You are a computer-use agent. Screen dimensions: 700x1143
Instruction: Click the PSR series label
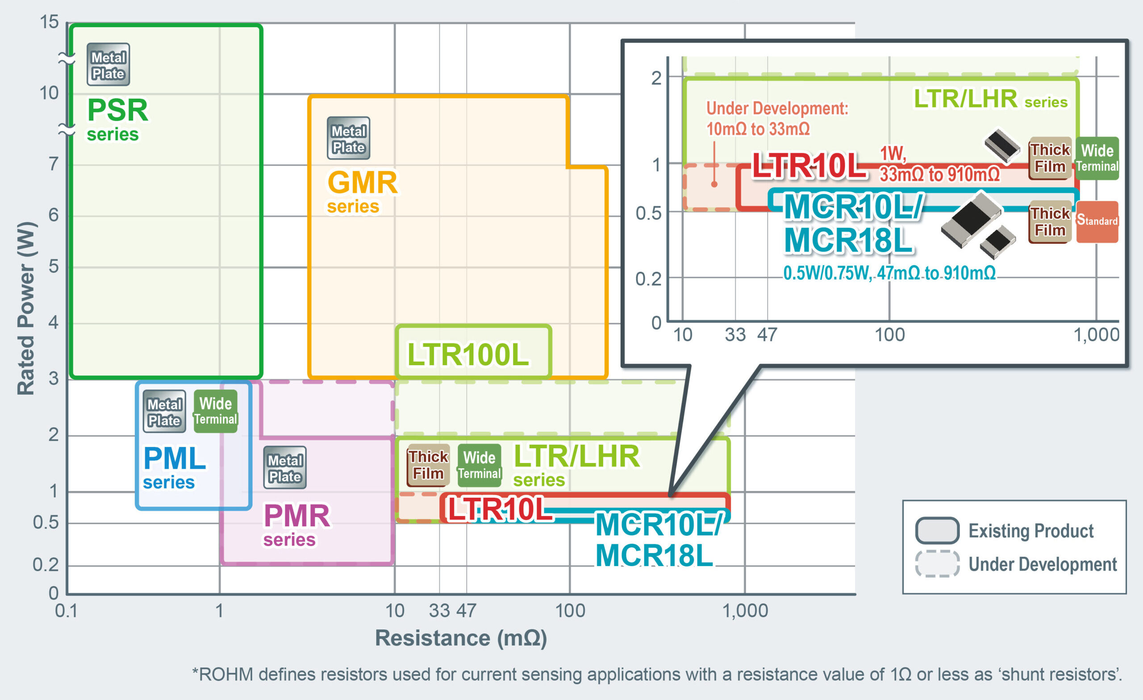tap(117, 118)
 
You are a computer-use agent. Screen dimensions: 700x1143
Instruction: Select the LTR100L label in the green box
tap(467, 355)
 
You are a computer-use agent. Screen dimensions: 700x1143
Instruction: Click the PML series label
tap(174, 467)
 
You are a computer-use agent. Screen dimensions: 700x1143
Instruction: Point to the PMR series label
tap(296, 524)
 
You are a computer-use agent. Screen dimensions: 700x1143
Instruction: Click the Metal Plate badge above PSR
tap(108, 64)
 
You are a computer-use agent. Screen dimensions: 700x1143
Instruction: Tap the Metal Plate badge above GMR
tap(348, 138)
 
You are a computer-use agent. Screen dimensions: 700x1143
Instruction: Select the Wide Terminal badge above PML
tap(215, 411)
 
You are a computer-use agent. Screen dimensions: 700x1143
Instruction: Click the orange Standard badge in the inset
tap(1097, 221)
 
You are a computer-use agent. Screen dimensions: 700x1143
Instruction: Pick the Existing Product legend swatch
tap(937, 530)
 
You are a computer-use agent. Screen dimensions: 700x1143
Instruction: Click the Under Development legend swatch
tap(937, 564)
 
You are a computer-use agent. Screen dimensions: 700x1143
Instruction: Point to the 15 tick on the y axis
tap(49, 22)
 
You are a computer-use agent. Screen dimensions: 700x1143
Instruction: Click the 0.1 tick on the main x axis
tap(66, 610)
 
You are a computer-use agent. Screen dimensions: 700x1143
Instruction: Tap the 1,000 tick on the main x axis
tap(745, 610)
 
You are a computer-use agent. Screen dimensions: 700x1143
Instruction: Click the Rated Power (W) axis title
tap(26, 308)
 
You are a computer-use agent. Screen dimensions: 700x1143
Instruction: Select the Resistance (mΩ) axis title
tap(461, 638)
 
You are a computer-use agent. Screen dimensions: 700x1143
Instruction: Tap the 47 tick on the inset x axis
tap(767, 334)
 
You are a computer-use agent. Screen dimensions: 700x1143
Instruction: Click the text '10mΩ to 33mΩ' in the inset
tap(758, 129)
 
